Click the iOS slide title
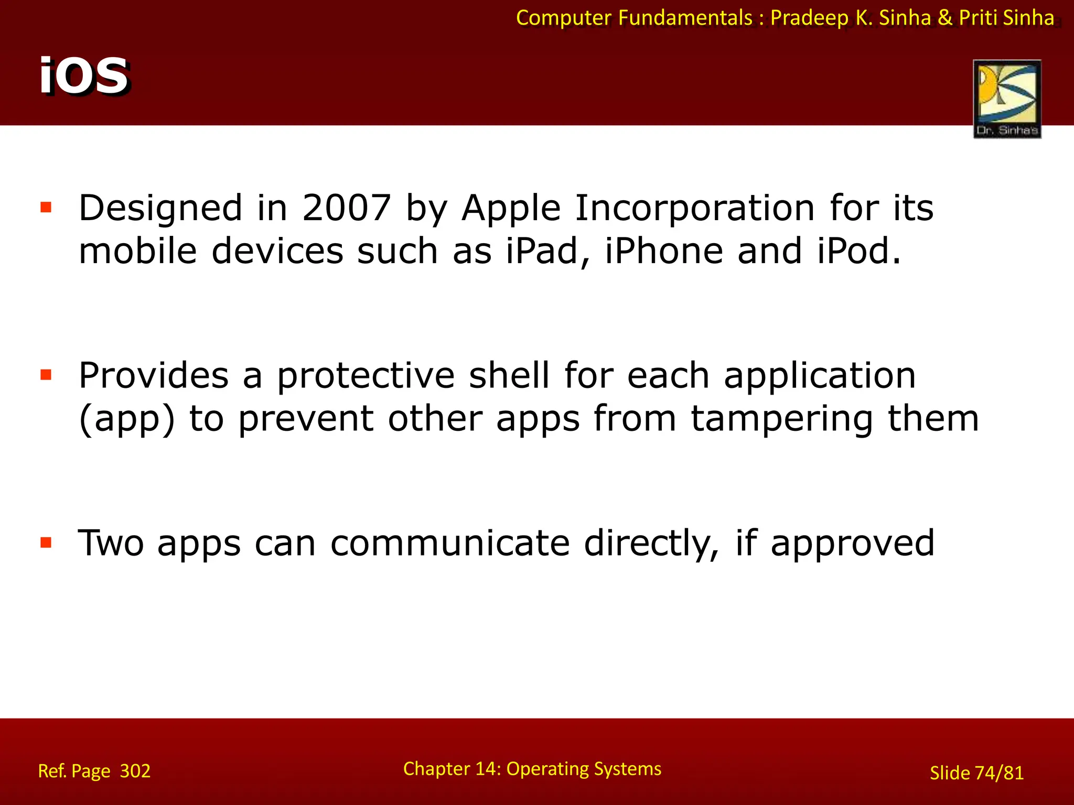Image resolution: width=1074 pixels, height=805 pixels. point(84,76)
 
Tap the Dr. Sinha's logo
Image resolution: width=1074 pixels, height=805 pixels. point(1007,99)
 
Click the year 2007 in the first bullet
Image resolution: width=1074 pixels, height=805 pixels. point(346,208)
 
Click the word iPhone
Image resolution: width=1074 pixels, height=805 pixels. point(664,251)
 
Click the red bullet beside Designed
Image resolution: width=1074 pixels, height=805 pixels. point(46,208)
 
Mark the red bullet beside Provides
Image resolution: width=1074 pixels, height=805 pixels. point(46,375)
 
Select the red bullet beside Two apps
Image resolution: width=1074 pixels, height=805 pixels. point(46,542)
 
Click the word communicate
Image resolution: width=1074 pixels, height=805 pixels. point(449,543)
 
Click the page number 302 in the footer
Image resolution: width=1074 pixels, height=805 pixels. point(135,771)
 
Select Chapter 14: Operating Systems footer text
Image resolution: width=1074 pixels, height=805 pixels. point(532,769)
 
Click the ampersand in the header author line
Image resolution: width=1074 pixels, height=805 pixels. point(944,18)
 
